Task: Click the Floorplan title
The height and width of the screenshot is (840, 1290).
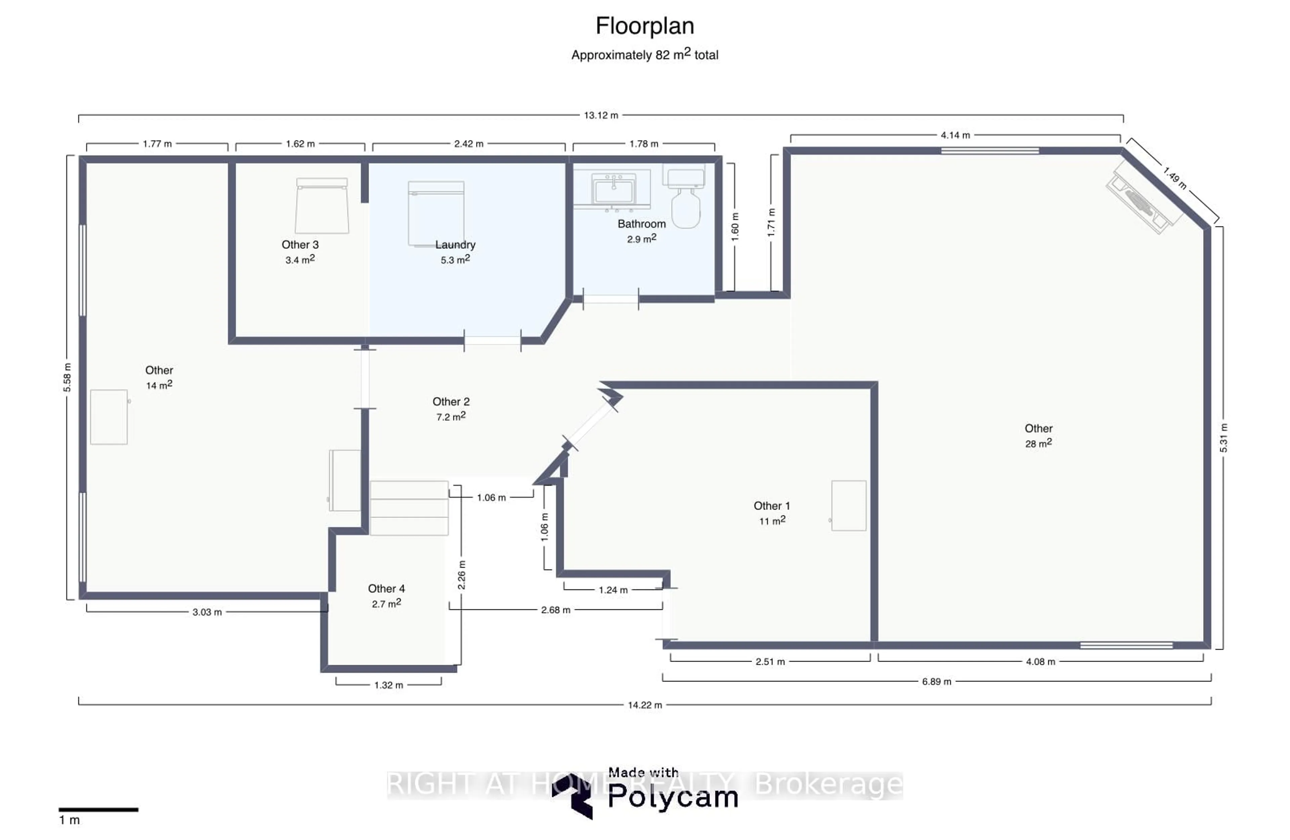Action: point(644,26)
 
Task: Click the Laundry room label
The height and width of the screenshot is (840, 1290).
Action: point(455,245)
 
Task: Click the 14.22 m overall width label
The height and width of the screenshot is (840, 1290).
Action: point(644,705)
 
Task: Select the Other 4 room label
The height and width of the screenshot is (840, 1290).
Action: point(386,588)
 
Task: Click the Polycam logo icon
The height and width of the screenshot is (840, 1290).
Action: point(572,796)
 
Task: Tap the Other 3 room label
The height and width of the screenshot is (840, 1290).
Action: point(300,245)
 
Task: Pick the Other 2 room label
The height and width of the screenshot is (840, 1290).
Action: point(450,402)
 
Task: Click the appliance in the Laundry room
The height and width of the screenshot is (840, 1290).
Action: point(436,214)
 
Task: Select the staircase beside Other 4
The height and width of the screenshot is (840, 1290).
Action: point(409,508)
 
